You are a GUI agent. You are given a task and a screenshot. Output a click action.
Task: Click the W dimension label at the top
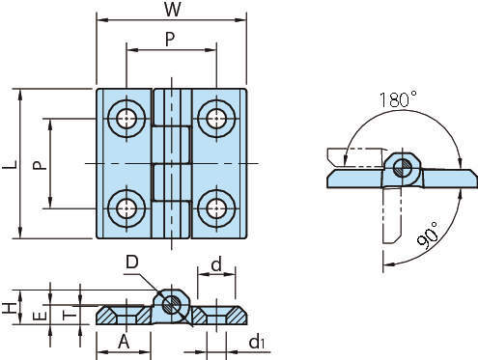click(173, 10)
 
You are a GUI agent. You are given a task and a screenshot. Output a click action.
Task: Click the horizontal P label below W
click(170, 40)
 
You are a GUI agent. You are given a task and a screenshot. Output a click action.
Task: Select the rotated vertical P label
click(40, 165)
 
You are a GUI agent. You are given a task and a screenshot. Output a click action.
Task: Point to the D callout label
click(132, 262)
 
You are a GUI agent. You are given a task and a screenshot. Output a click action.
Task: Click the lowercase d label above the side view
click(216, 264)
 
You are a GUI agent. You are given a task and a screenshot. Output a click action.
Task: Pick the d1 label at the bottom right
click(257, 342)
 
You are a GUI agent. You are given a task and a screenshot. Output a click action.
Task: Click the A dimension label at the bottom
click(124, 342)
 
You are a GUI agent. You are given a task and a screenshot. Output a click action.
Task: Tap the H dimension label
click(10, 308)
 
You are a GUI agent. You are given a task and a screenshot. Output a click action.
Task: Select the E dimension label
click(41, 317)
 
